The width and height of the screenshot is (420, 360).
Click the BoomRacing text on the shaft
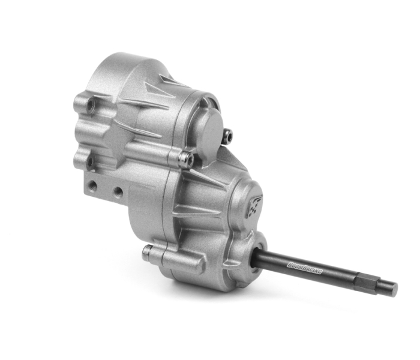[x=304, y=268]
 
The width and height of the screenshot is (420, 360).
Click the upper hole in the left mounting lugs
[x=91, y=103]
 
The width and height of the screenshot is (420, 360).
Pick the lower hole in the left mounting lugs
[x=90, y=162]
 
